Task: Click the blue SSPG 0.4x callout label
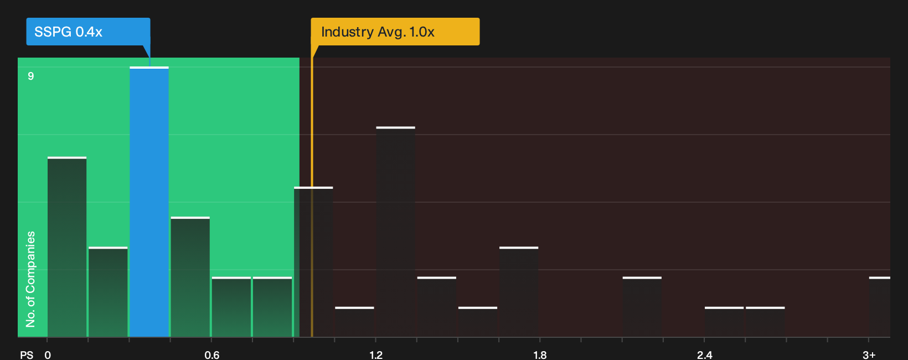[x=88, y=32]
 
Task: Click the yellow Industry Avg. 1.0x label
[x=395, y=32]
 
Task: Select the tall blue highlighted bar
[x=149, y=202]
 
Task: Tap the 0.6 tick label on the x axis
[x=211, y=355]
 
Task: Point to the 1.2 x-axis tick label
[x=376, y=355]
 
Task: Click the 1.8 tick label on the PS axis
[x=540, y=355]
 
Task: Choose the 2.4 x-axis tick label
[x=704, y=355]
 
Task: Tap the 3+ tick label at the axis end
[x=869, y=355]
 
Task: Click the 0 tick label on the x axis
[x=48, y=355]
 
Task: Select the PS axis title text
[x=27, y=355]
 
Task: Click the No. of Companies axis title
[x=30, y=279]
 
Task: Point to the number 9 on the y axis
[x=31, y=76]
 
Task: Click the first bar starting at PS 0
[x=67, y=247]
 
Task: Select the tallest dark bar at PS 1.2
[x=396, y=232]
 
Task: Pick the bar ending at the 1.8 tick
[x=519, y=292]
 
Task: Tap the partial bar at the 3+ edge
[x=880, y=307]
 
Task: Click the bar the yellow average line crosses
[x=313, y=262]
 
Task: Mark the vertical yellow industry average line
[x=312, y=191]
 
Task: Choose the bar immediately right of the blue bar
[x=190, y=277]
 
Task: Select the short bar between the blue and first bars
[x=108, y=292]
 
